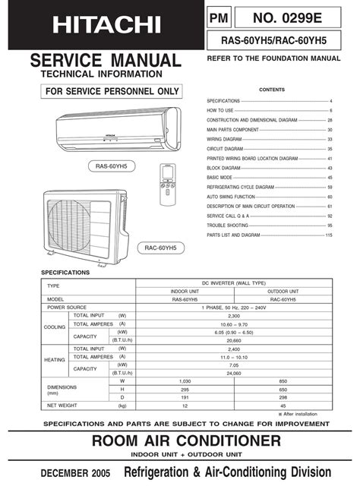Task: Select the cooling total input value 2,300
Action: [x=239, y=314]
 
